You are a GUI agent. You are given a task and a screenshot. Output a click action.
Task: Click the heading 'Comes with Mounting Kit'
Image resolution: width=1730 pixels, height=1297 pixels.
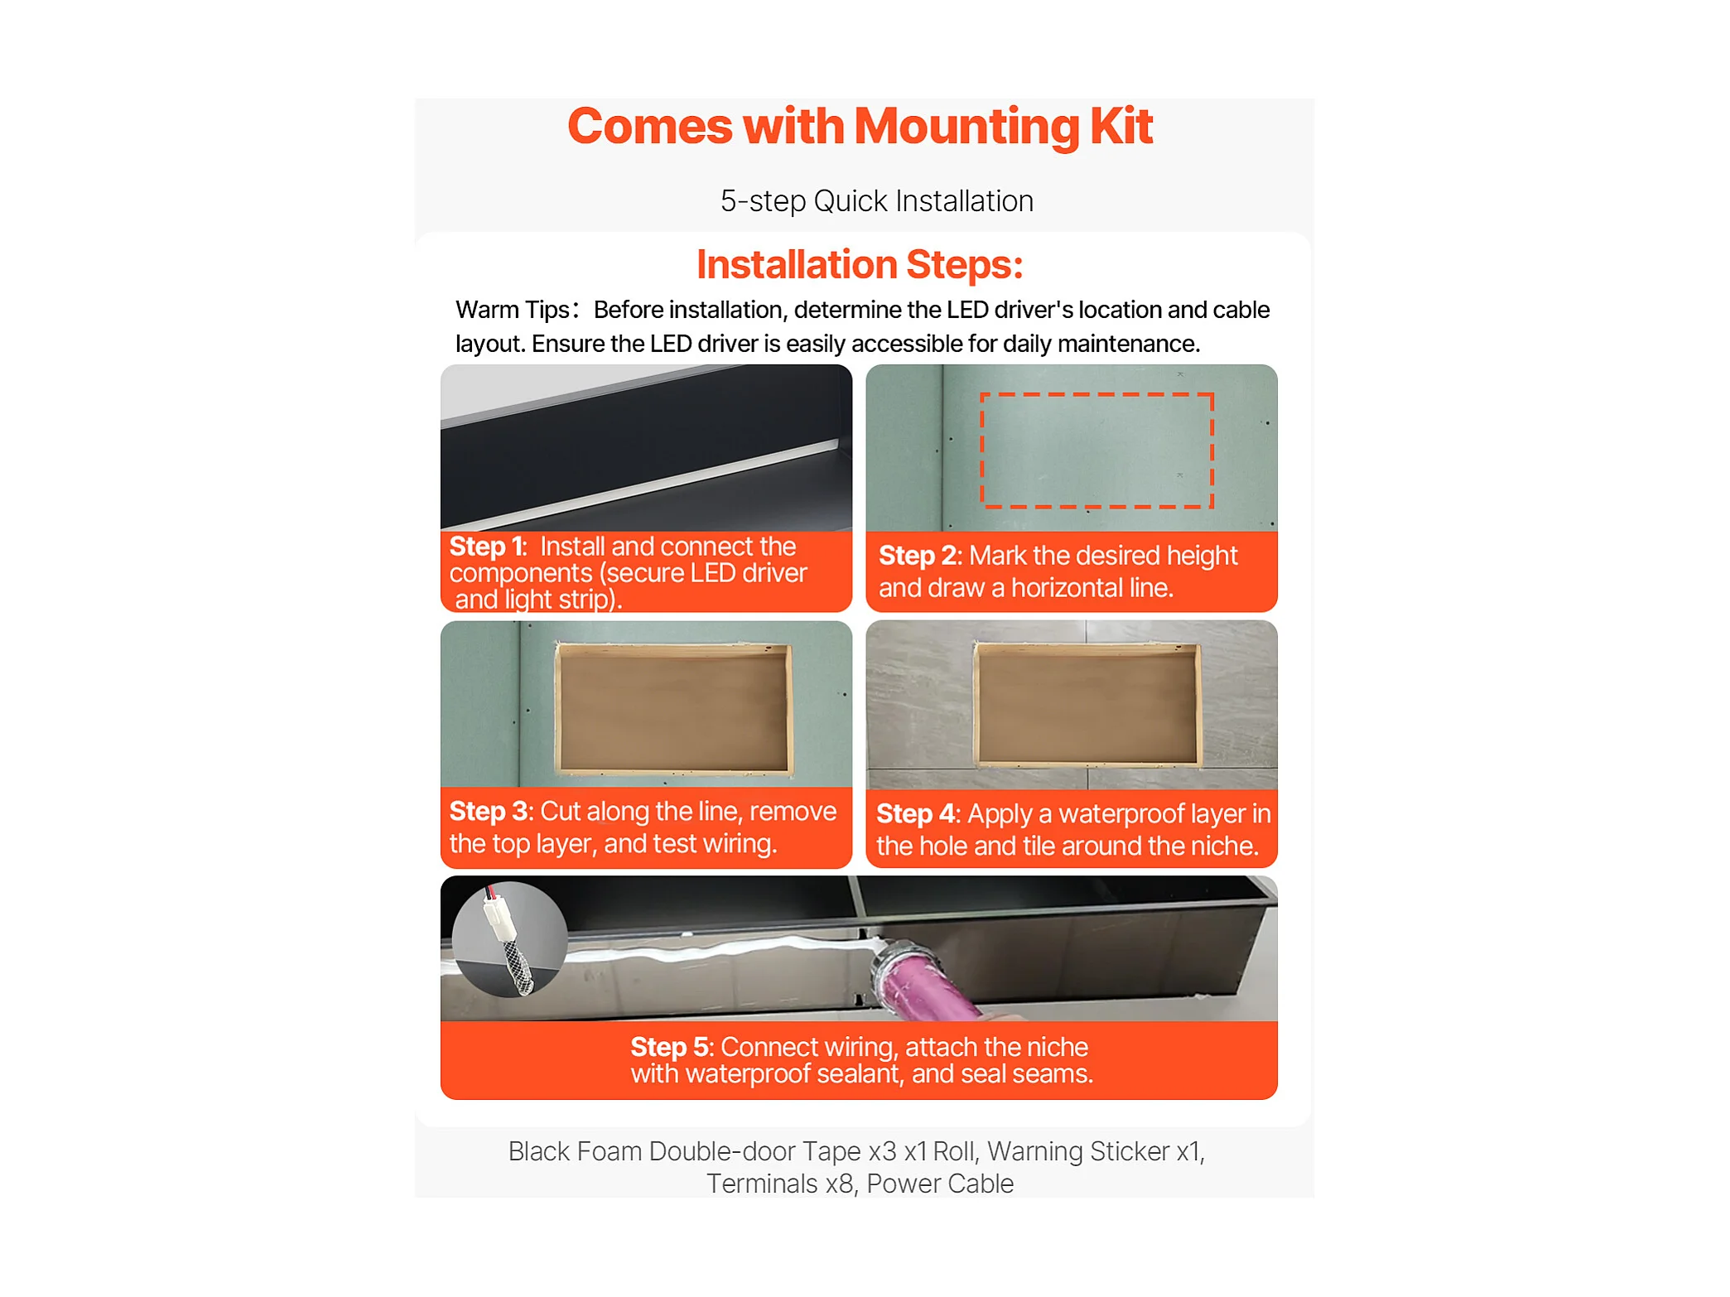coord(860,127)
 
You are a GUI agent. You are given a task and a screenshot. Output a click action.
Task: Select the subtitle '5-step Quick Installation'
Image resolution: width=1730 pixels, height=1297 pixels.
coord(876,201)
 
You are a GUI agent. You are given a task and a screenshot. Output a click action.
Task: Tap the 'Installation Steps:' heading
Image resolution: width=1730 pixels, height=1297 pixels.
coord(860,264)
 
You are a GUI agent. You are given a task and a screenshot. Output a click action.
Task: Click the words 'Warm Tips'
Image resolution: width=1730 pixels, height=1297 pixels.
coord(512,310)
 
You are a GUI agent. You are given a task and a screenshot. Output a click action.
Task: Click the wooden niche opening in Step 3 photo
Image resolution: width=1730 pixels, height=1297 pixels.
coord(672,708)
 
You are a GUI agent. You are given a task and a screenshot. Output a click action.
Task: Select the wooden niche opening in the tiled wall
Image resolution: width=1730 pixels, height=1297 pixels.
coord(1087,704)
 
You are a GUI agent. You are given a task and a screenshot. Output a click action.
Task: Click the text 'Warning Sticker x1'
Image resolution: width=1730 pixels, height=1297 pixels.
coord(1094,1151)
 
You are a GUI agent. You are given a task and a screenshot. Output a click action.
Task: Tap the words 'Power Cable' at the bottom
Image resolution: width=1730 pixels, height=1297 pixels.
coord(940,1184)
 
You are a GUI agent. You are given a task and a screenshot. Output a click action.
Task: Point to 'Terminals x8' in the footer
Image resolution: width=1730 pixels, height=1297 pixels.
coord(780,1184)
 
